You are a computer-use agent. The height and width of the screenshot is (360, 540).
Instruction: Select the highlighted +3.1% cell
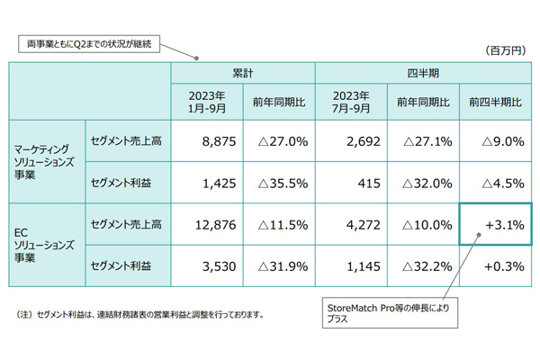[494, 224]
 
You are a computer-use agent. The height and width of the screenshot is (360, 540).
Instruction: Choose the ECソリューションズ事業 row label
[45, 244]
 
